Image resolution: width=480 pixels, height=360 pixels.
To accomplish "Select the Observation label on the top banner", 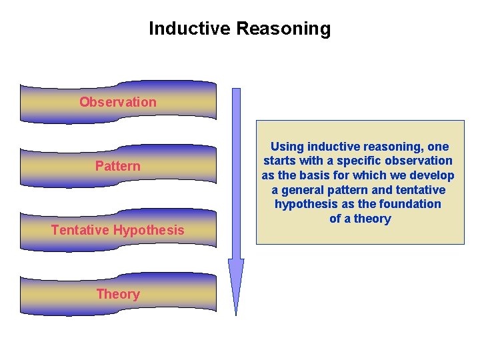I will pyautogui.click(x=118, y=102).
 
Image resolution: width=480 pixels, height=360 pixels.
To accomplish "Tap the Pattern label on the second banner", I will pyautogui.click(x=118, y=166).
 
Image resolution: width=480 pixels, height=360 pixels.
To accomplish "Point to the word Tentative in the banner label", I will pyautogui.click(x=81, y=230).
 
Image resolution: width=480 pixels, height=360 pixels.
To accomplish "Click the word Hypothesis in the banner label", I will pyautogui.click(x=149, y=230).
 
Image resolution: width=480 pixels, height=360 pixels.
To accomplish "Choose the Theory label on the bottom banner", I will pyautogui.click(x=118, y=294).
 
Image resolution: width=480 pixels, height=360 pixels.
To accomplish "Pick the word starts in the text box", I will pyautogui.click(x=279, y=161).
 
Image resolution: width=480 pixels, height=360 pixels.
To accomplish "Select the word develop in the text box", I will pyautogui.click(x=432, y=175).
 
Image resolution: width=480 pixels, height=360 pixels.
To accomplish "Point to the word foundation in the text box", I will pyautogui.click(x=411, y=204).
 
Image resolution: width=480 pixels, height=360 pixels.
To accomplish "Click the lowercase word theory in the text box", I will pyautogui.click(x=373, y=219).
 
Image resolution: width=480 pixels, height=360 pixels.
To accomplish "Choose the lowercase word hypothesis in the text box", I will pyautogui.click(x=306, y=204).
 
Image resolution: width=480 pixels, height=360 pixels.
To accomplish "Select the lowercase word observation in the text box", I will pyautogui.click(x=417, y=161).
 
